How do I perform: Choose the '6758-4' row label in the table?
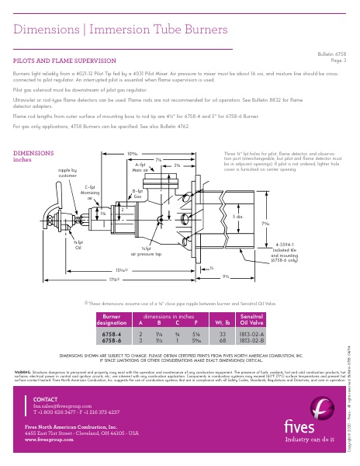click(x=111, y=333)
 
